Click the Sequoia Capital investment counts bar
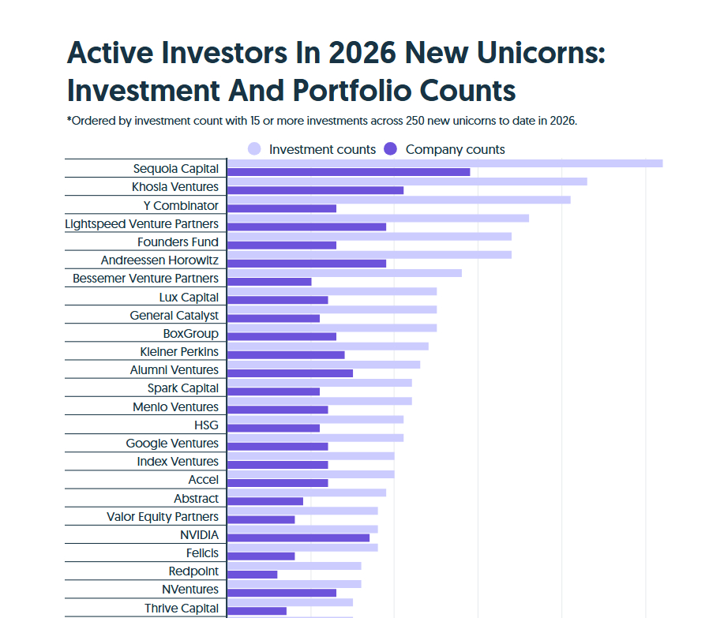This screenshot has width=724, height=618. click(445, 163)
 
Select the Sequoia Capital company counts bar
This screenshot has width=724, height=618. click(349, 172)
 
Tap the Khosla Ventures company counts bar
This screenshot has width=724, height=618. click(315, 190)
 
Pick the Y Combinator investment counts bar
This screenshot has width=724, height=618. click(399, 200)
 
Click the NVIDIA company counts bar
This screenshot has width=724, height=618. click(298, 537)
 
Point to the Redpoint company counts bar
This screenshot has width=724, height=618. click(253, 575)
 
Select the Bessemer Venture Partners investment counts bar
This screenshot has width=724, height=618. click(344, 273)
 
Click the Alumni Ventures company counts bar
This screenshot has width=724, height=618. click(290, 373)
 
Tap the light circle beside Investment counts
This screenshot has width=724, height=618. click(254, 149)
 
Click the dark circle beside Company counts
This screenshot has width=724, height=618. click(391, 149)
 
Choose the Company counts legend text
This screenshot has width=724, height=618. click(456, 149)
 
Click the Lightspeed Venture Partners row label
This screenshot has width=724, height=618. click(142, 224)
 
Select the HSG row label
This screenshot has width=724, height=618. click(206, 425)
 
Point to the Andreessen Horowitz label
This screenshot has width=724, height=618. click(159, 260)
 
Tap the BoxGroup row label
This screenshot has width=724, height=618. click(191, 334)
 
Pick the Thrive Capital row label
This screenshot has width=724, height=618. click(182, 609)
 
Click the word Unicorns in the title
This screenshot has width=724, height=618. click(541, 53)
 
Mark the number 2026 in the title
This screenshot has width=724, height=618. click(362, 53)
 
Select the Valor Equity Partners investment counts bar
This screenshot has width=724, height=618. click(302, 511)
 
